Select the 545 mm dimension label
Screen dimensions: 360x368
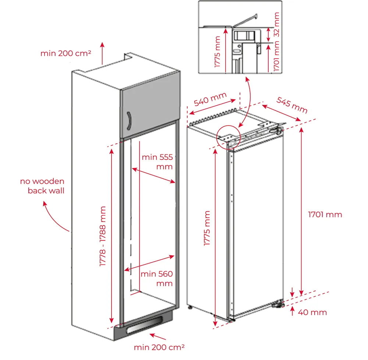pyautogui.click(x=292, y=105)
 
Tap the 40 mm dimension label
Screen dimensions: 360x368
pyautogui.click(x=312, y=313)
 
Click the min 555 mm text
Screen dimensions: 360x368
pyautogui.click(x=157, y=162)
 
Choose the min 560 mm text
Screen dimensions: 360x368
pyautogui.click(x=156, y=279)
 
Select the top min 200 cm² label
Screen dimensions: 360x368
pyautogui.click(x=66, y=53)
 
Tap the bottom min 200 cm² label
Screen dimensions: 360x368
pyautogui.click(x=159, y=347)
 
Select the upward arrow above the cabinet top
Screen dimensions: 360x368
pyautogui.click(x=102, y=53)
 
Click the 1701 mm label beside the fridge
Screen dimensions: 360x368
pyautogui.click(x=325, y=215)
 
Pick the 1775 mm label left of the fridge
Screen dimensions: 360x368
pyautogui.click(x=207, y=228)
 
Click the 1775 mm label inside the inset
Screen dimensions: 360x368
pyautogui.click(x=217, y=52)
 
